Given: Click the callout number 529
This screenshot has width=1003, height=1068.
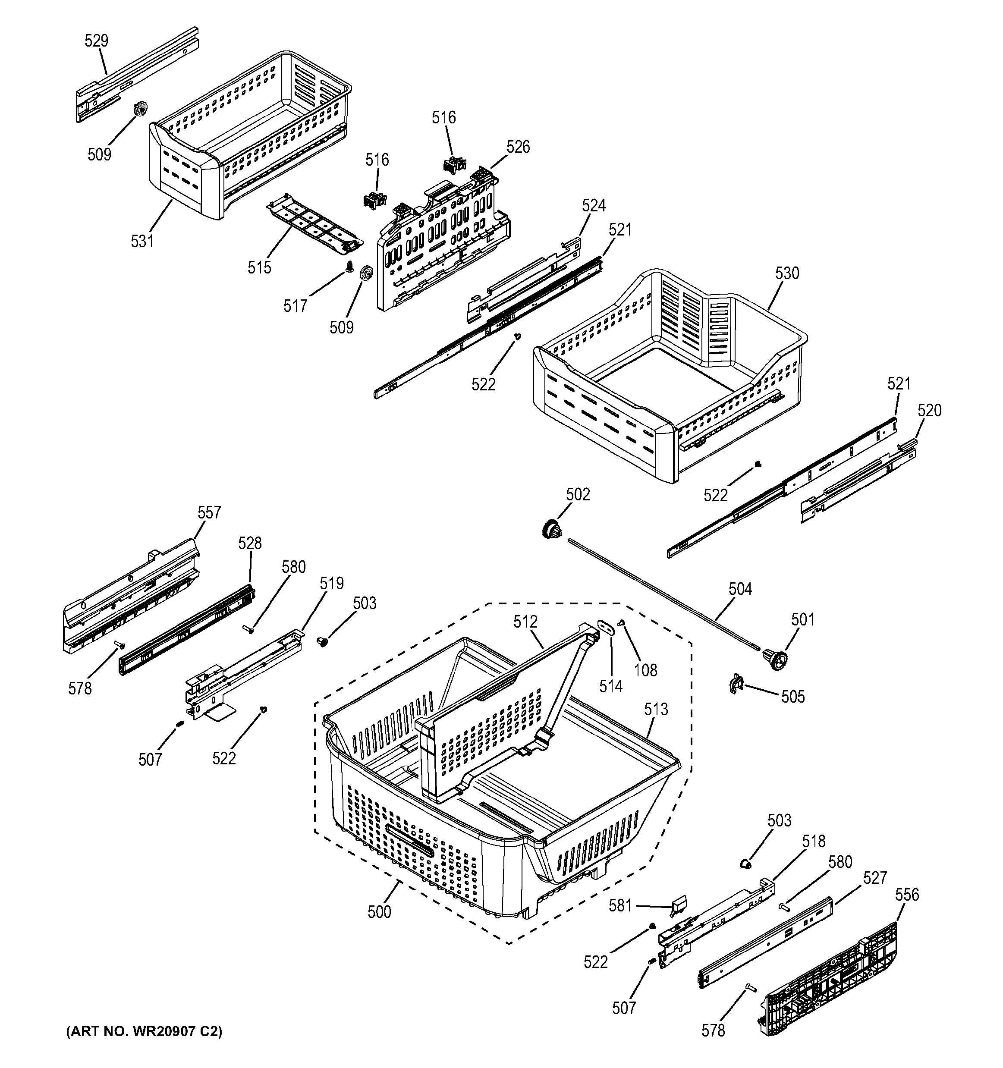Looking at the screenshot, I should click(97, 41).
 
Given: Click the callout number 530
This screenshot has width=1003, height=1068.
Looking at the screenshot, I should click(787, 273).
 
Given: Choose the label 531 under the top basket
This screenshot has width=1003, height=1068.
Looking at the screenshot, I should click(142, 242).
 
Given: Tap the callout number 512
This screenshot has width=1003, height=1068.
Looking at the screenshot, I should click(525, 622).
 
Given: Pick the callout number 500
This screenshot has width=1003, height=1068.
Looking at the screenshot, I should click(379, 912).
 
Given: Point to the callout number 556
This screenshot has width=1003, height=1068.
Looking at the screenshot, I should click(907, 895).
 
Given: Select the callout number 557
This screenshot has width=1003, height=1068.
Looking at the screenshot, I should click(209, 512).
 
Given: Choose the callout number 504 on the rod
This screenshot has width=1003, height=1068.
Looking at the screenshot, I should click(740, 589).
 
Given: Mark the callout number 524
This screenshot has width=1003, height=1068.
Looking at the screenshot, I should click(594, 205).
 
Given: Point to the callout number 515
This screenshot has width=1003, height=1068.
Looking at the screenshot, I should click(259, 267).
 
